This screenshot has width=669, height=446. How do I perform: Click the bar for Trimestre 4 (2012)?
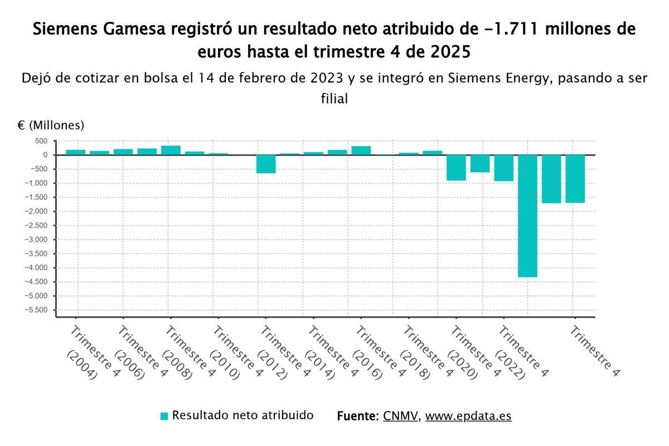(x=266, y=164)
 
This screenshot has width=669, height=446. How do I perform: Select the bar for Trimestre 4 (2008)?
(x=171, y=150)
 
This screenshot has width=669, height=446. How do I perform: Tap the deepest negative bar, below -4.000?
(x=527, y=216)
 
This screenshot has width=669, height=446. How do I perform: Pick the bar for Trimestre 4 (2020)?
(x=456, y=168)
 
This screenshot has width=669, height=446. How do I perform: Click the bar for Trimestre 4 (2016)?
(x=361, y=151)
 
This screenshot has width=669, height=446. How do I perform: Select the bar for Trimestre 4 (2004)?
(x=76, y=152)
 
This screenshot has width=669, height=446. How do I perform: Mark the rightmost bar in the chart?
(x=575, y=179)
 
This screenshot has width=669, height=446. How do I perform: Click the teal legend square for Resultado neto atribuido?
(x=164, y=416)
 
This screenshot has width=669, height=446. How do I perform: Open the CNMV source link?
(x=400, y=416)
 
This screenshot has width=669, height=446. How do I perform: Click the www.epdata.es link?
(x=468, y=416)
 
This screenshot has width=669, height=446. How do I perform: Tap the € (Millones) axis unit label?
(x=51, y=124)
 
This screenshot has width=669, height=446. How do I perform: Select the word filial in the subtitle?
(x=334, y=99)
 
